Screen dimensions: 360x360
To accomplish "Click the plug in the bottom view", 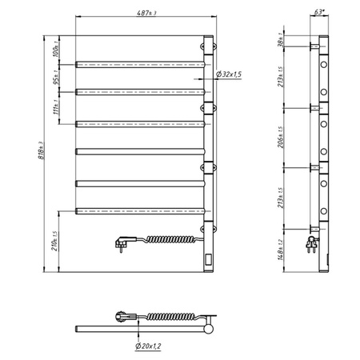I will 124,318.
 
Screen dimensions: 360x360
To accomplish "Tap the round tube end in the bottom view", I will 209,326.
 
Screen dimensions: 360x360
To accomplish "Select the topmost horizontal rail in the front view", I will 141,62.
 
